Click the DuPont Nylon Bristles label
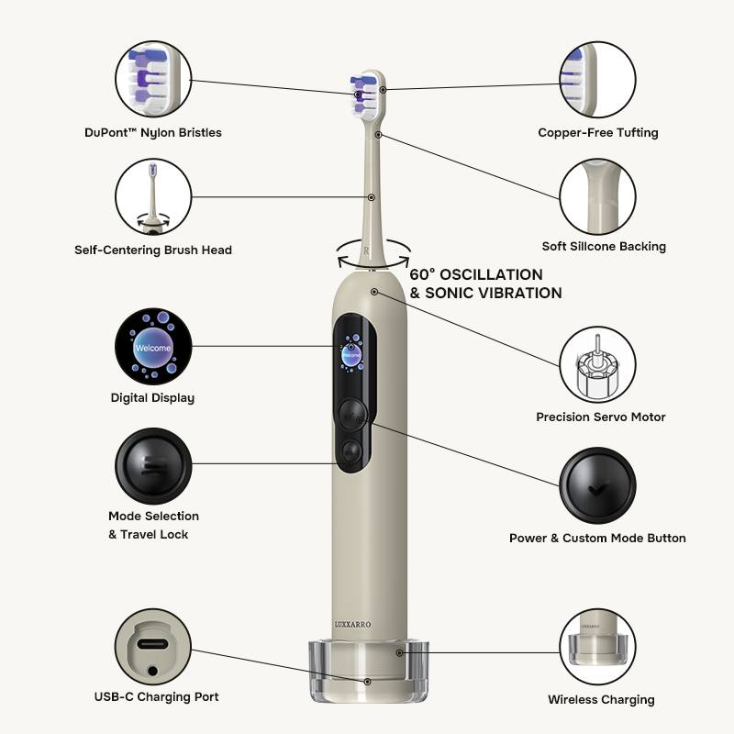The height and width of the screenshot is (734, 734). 153,133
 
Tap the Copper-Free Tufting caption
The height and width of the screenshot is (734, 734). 598,133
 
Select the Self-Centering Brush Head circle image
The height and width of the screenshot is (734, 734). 153,196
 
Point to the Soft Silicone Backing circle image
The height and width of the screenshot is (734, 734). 598,196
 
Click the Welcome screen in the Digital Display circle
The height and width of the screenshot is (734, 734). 153,347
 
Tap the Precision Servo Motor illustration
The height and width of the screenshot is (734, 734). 598,364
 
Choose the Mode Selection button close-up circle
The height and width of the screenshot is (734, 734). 153,466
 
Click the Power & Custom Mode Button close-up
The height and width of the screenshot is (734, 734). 598,485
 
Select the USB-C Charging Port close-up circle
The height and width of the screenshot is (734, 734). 153,647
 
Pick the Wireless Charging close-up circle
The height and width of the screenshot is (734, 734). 598,647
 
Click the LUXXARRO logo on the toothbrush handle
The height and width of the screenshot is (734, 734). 352,624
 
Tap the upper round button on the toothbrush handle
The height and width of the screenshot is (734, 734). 352,415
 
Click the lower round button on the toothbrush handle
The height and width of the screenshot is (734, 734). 351,451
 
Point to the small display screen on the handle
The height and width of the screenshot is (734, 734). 351,353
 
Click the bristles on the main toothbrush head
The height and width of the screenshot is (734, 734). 362,95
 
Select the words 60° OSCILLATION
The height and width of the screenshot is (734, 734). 476,274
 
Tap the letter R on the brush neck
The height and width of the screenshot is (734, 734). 366,250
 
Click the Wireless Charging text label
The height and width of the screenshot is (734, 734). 601,700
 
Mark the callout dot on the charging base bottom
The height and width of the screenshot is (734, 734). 368,682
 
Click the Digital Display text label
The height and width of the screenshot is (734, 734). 152,398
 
